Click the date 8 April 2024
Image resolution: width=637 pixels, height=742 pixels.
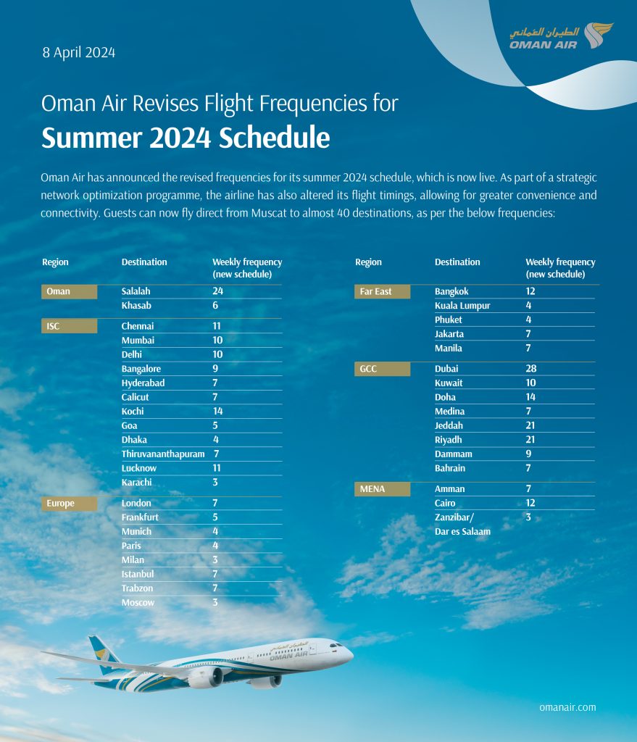tap(79, 52)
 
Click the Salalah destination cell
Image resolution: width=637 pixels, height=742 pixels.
tap(136, 291)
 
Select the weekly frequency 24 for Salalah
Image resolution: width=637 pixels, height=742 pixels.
tap(217, 291)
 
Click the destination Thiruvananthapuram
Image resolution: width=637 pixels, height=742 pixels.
tap(163, 454)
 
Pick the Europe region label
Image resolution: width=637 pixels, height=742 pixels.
tap(61, 503)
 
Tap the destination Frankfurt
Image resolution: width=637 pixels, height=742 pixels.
tap(140, 517)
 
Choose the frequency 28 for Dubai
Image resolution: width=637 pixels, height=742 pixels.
tap(531, 369)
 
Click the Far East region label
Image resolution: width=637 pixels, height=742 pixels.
tap(375, 291)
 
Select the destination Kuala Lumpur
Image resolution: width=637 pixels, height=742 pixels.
tap(462, 306)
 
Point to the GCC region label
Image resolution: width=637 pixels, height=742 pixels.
tap(369, 369)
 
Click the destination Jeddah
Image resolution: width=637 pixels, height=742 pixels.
tap(449, 425)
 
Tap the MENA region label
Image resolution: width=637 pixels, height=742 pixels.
tap(372, 489)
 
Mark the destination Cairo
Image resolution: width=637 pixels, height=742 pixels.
tap(446, 503)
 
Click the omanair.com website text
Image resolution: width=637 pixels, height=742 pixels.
tap(567, 706)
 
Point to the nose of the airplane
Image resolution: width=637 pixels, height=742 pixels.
tap(350, 654)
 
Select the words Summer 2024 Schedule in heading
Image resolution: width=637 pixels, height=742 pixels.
tap(186, 138)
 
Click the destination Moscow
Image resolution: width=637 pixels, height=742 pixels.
tap(138, 602)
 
